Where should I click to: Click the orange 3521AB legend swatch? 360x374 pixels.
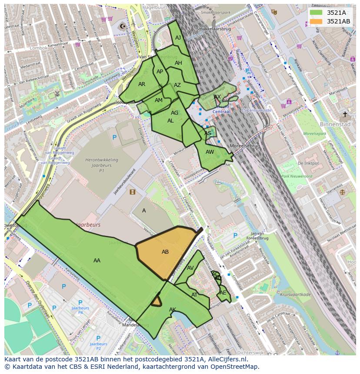click(316, 21)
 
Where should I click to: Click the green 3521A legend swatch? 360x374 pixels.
click(316, 13)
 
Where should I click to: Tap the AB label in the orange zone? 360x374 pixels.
click(165, 252)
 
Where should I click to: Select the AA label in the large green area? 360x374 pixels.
click(97, 261)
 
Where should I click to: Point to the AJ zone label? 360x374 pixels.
click(178, 38)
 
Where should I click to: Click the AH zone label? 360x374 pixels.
click(178, 63)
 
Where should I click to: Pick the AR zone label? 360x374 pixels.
click(142, 84)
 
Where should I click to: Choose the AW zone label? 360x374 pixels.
click(210, 152)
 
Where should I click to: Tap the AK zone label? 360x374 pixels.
click(173, 310)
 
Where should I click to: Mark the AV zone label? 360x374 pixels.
click(190, 268)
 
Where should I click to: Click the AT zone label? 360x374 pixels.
click(194, 295)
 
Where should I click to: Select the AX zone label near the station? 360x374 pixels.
click(217, 97)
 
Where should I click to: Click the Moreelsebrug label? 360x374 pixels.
click(245, 146)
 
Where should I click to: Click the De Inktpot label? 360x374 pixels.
click(308, 163)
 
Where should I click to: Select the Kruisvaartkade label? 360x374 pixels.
click(296, 295)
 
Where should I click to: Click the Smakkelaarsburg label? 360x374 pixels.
click(213, 29)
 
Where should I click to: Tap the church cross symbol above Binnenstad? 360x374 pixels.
click(345, 114)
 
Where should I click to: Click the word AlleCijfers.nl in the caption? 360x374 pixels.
click(226, 360)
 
